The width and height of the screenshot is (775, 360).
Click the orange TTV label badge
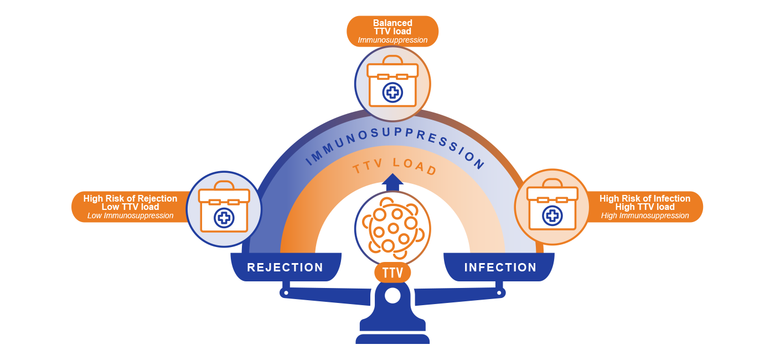tap(392, 272)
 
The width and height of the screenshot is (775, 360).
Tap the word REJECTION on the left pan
tap(285, 268)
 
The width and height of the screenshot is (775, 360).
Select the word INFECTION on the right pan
tap(500, 268)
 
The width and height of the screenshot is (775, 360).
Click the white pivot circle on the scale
tap(392, 296)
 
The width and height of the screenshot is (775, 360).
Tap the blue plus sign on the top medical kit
tap(392, 92)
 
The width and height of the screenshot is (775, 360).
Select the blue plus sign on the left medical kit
tap(224, 218)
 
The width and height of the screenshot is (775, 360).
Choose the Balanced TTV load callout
tap(392, 32)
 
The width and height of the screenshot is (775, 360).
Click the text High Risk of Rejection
tap(130, 198)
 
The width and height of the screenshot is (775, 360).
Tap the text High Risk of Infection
tap(645, 198)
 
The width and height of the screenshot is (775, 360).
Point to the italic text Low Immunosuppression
tap(130, 216)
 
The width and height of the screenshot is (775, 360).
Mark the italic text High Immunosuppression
tap(645, 216)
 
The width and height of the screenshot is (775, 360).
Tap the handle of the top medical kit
tap(392, 59)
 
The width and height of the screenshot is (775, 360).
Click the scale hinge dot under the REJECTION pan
tap(286, 292)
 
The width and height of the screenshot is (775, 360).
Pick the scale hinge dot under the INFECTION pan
tap(499, 292)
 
